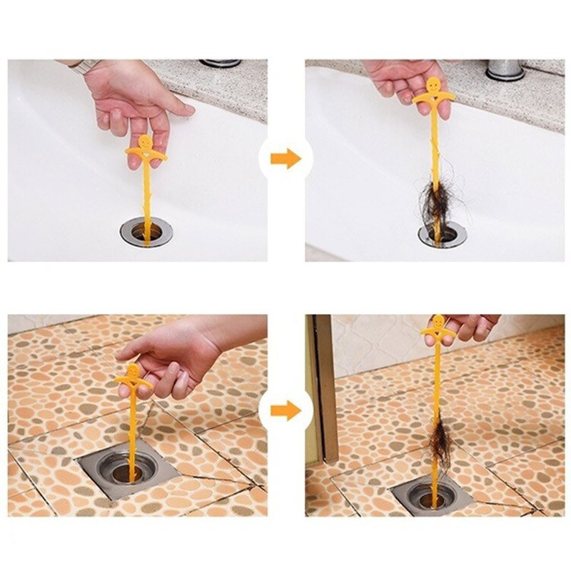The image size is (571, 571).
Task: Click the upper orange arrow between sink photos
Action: point(286,159)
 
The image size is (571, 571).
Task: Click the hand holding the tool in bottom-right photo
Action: point(468,327)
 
